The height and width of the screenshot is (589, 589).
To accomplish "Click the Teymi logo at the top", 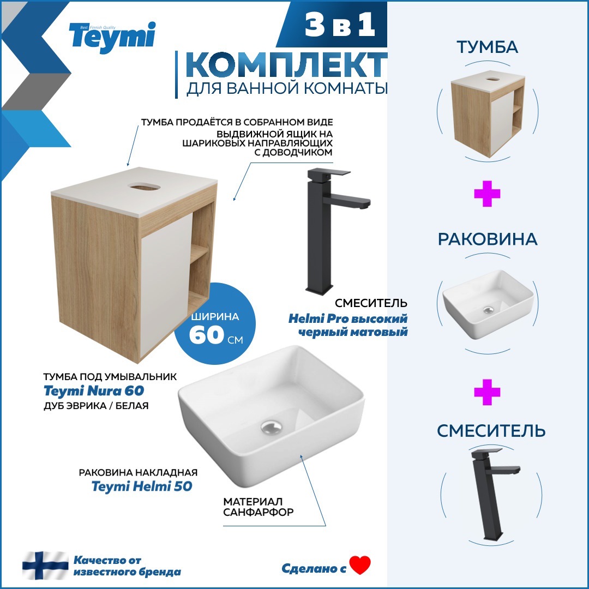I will tap(112, 37).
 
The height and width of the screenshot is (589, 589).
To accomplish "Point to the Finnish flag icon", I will tap(45, 566).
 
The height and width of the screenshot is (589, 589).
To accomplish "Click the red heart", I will tap(360, 566).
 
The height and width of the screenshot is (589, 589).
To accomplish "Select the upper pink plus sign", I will tap(487, 195).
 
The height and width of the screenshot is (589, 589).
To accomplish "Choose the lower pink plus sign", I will tap(487, 393).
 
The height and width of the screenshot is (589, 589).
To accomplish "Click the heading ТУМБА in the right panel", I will tap(487, 47).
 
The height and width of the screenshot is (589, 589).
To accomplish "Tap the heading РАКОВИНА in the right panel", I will tap(487, 239).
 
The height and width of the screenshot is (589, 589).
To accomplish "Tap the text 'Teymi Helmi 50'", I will tap(142, 486).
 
